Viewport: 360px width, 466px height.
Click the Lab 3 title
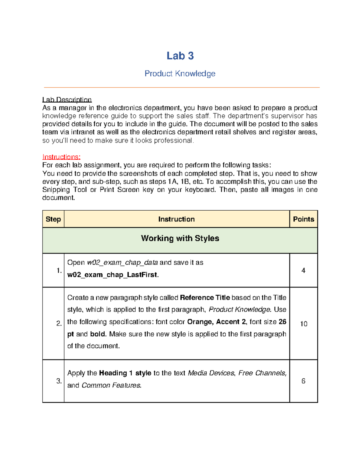point(180,56)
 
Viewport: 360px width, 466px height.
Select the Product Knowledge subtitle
point(180,74)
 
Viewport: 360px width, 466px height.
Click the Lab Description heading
point(67,100)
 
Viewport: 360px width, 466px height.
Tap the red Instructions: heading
point(61,157)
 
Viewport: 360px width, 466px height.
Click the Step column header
point(53,219)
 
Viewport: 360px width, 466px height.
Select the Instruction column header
point(176,219)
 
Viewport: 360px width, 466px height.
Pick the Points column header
point(303,219)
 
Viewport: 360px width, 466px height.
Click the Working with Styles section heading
point(180,238)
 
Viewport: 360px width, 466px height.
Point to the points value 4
point(303,271)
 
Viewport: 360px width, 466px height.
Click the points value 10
point(304,324)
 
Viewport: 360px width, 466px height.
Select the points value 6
point(303,381)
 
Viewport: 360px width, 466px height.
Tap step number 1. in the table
point(59,271)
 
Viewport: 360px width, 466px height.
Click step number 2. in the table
point(59,323)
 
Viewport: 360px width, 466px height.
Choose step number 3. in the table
point(59,381)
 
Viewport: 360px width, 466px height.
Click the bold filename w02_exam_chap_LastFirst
point(113,275)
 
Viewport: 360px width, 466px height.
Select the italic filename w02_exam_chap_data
point(122,263)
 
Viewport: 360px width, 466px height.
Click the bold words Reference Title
point(205,298)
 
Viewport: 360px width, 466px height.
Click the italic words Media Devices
point(211,373)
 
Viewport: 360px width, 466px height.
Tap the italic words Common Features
point(111,385)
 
